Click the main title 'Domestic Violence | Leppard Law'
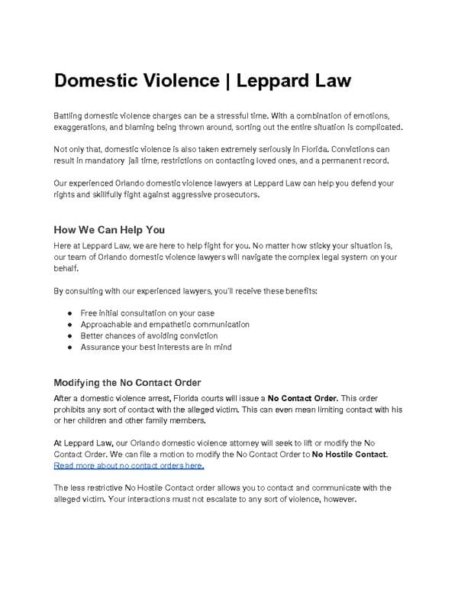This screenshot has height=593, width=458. pos(202,80)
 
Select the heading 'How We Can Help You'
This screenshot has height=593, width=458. pos(109,230)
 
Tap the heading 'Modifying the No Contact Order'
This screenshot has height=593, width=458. pos(127,382)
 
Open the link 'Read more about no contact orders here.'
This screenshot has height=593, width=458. pos(129,465)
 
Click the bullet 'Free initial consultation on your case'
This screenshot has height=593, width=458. pos(147,313)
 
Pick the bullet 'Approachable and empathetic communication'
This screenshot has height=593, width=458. pos(165,324)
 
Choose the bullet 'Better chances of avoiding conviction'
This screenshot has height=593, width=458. pos(149,335)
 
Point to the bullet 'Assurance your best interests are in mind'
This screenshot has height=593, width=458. pos(156,347)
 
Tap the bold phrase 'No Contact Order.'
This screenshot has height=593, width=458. pos(302,398)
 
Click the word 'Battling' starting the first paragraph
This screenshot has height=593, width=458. pos(69,115)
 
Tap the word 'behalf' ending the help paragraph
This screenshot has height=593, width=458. pos(66,268)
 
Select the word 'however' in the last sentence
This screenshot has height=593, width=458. pos(337,500)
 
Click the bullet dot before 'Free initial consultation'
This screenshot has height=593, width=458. pos(69,313)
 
